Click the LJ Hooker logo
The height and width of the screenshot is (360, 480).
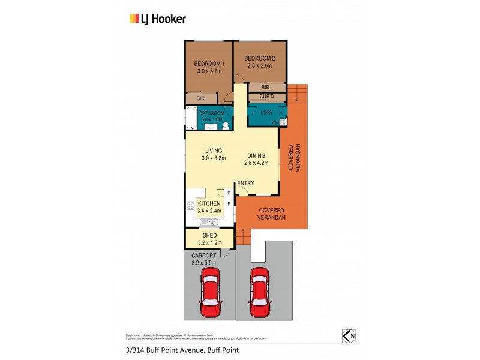(158, 19)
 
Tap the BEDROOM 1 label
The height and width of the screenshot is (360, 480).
(209, 64)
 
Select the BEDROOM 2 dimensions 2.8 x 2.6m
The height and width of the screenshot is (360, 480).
(258, 66)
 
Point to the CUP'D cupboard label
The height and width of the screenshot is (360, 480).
(267, 96)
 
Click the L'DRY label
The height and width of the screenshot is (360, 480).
(267, 112)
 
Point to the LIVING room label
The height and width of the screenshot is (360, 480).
(214, 151)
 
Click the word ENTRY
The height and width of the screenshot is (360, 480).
(245, 184)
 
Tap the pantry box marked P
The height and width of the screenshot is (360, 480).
(229, 193)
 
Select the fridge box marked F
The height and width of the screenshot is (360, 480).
(229, 204)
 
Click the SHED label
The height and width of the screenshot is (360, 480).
(209, 235)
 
